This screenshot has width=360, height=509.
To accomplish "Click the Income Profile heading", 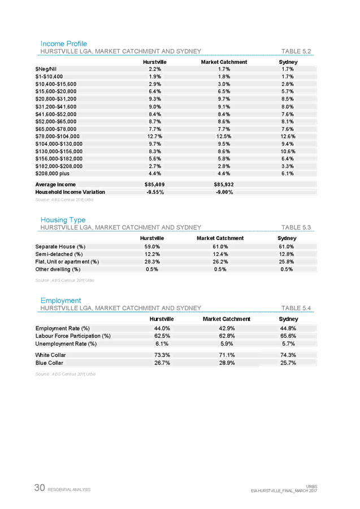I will [x=63, y=44].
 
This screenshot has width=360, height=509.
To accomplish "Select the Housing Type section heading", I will [x=63, y=220].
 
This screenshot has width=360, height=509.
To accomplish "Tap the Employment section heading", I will [x=60, y=301].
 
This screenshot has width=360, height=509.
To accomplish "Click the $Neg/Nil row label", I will [x=46, y=69].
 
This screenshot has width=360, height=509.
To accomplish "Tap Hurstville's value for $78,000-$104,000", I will [x=154, y=136].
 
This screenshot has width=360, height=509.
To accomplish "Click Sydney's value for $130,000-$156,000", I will [x=288, y=151].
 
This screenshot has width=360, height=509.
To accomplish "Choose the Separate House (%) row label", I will [x=60, y=247].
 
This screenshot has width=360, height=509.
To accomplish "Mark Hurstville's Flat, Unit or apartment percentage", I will [x=152, y=262].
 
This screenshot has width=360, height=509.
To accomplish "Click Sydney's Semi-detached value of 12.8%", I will [x=287, y=254].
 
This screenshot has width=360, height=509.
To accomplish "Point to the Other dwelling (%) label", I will [x=58, y=269].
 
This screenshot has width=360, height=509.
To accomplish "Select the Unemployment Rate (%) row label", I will [x=66, y=343].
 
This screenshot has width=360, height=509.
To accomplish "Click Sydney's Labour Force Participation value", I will [x=288, y=336].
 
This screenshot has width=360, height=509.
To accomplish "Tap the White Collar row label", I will [x=51, y=355].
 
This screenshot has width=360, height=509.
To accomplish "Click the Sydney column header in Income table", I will [x=288, y=62].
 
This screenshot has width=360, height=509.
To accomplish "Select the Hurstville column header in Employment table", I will [x=161, y=319].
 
